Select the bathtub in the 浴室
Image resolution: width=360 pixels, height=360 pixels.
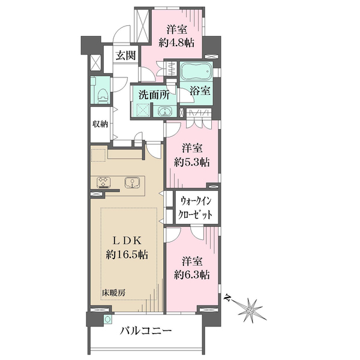[x=195, y=73]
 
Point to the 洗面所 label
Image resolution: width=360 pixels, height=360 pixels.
[x=153, y=95]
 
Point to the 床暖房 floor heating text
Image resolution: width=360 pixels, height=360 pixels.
[x=113, y=293]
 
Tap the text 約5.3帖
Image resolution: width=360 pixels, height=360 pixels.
[x=192, y=161]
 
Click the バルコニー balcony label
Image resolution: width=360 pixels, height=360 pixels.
[x=146, y=331]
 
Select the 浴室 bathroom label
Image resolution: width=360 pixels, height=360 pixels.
[x=200, y=92]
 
